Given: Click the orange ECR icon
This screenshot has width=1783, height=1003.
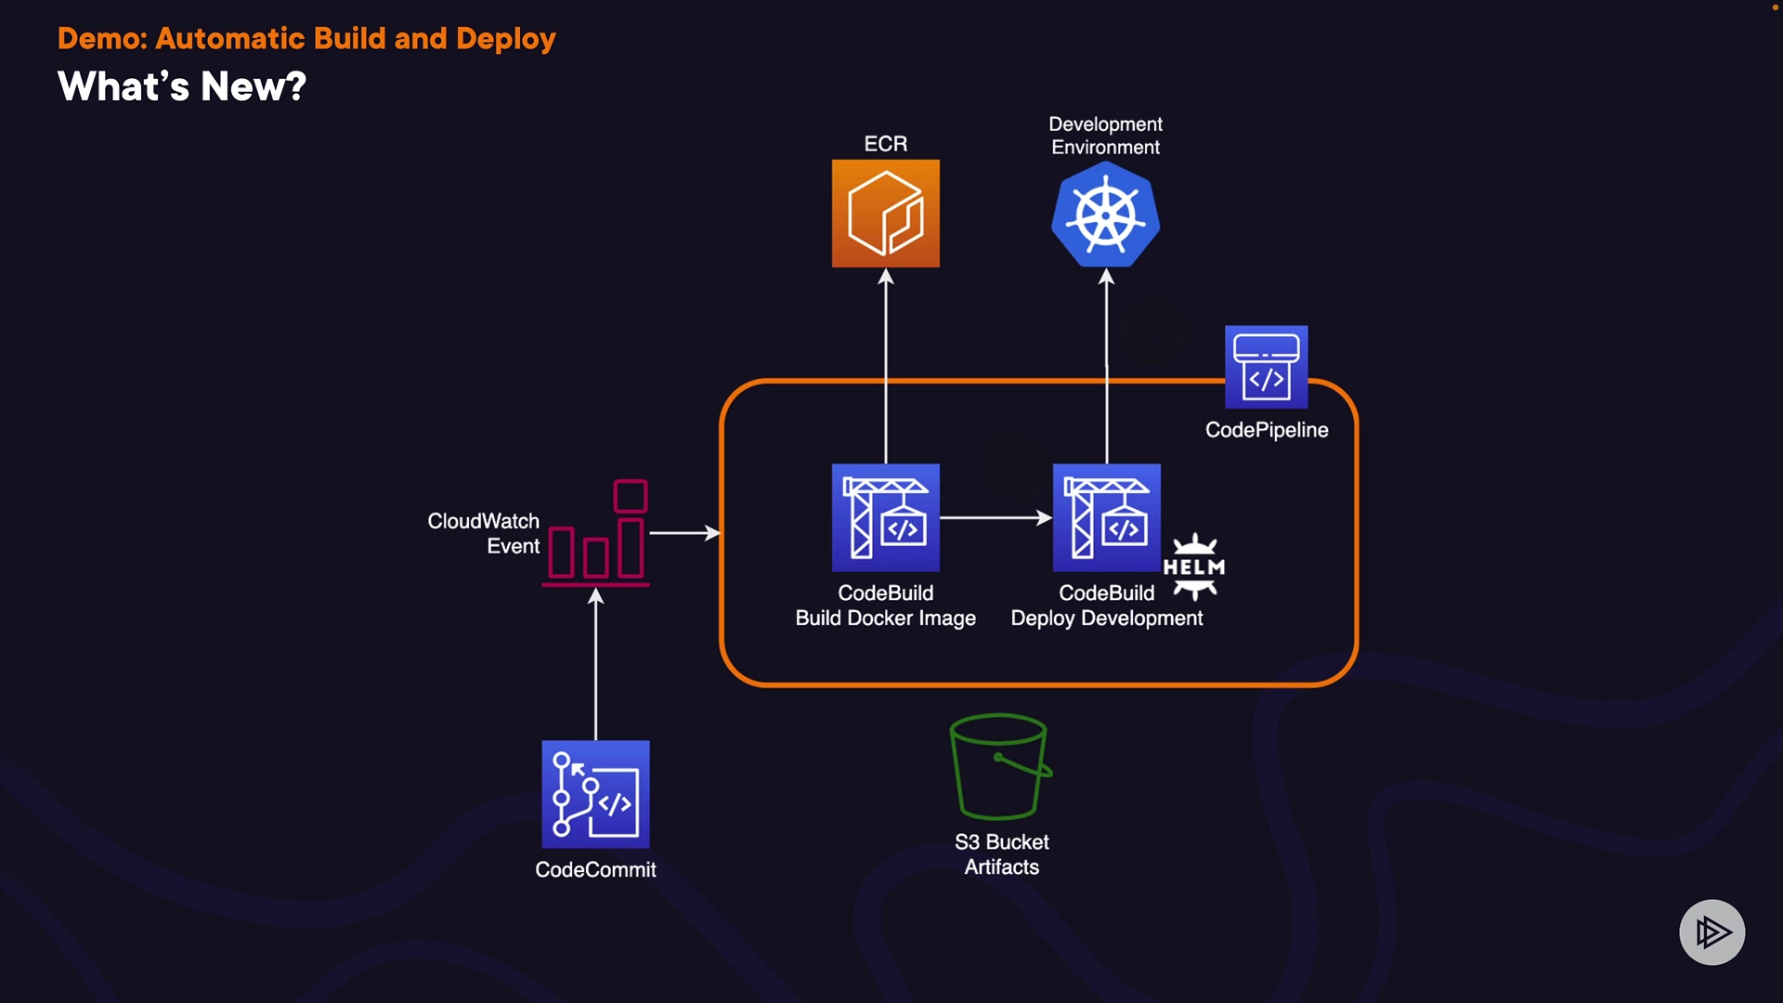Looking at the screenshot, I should click(885, 214).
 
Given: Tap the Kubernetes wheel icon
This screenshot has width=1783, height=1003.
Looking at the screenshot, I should click(1105, 215).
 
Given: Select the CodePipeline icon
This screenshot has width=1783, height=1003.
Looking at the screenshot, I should click(1266, 367).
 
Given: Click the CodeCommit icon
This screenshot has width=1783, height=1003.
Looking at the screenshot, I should click(595, 794).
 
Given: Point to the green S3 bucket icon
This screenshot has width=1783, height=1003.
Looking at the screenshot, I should click(1000, 766).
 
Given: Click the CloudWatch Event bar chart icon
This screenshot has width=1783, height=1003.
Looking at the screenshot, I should click(596, 534).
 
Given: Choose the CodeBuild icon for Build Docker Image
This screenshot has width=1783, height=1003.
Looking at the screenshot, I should click(885, 517).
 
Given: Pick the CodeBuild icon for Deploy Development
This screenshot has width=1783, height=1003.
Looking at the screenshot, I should click(1106, 517).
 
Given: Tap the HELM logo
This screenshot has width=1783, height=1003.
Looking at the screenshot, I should click(1194, 567).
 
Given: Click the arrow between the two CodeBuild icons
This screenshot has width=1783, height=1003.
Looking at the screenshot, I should click(995, 518).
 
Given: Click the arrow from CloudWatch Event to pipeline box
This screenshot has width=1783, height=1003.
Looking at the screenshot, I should click(684, 533).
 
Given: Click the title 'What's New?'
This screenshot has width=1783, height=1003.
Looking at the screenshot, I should click(182, 87).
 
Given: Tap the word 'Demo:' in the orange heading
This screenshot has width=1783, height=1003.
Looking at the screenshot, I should click(102, 39).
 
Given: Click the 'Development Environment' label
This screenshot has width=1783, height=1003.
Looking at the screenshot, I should click(1105, 136).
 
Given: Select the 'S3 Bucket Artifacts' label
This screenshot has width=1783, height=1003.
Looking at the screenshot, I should click(1001, 854).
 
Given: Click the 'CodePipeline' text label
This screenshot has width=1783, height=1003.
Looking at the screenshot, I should click(1267, 430).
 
